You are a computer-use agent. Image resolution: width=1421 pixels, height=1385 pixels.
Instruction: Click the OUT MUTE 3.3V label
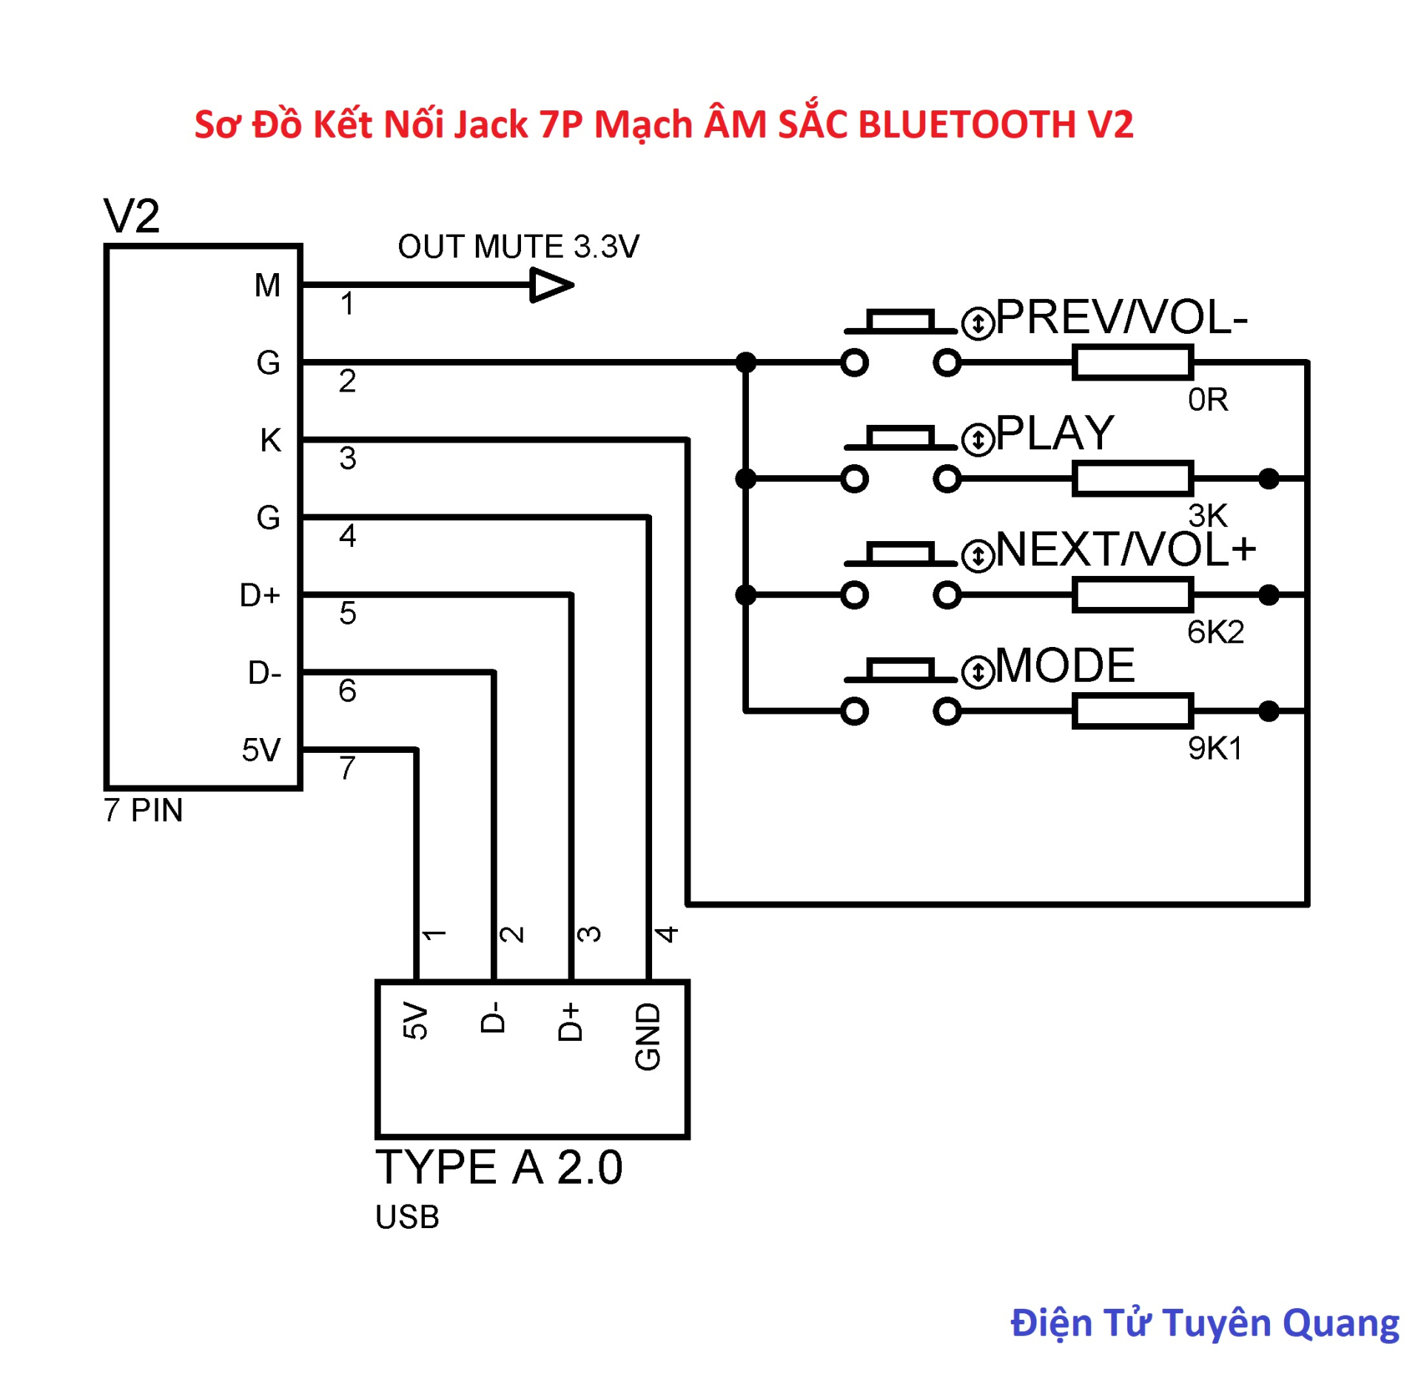point(517,247)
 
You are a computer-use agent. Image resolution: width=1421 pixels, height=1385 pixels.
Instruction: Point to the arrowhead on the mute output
point(551,285)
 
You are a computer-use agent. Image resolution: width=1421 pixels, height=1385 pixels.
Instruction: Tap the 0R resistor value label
point(1207,400)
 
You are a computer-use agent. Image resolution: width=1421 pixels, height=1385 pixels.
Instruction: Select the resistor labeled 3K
point(1132,478)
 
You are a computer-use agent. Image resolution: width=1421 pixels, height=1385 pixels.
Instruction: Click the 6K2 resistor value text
point(1215,631)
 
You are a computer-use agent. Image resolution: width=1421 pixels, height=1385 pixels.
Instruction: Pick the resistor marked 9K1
point(1132,711)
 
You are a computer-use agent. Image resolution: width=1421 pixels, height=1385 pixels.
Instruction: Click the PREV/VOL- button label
point(1121,318)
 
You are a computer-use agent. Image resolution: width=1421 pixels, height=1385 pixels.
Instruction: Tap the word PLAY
point(1054,433)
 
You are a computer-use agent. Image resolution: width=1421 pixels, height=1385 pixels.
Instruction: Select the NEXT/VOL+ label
point(1125,549)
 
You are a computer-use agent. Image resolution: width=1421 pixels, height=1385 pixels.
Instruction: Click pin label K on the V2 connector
point(270,440)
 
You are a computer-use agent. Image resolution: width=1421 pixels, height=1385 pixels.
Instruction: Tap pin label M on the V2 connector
point(267,285)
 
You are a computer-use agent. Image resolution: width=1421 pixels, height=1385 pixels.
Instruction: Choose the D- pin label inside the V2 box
point(264,672)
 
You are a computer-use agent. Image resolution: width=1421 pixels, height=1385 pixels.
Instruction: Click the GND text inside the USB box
point(648,1036)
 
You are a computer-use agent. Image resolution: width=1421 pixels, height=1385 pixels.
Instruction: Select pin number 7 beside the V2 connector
point(347,768)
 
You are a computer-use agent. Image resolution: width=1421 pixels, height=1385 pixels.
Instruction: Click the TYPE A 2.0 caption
point(499,1167)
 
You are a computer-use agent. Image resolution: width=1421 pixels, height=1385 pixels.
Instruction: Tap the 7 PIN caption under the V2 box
point(143,810)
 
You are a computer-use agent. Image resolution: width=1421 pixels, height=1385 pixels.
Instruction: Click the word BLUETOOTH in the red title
point(967,124)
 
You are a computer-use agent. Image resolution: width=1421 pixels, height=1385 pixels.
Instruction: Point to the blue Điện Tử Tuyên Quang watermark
point(1204,1323)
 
